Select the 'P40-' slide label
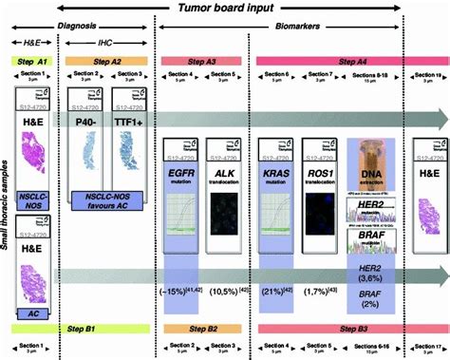pos(87,123)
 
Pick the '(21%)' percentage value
pos(275,290)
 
